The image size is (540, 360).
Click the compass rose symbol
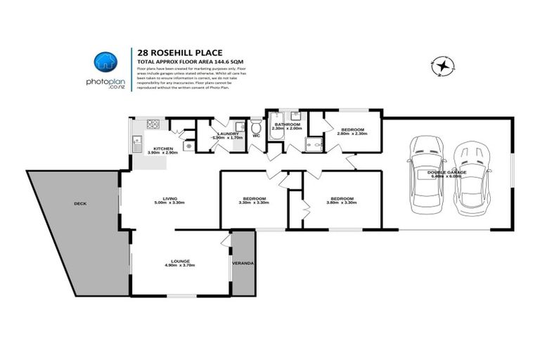pos(443,67)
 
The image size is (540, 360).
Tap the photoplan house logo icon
pos(105,61)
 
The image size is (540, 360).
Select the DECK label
pos(79,204)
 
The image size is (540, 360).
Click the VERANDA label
pos(243,264)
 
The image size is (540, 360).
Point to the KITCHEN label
pos(164,148)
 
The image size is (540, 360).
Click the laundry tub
pos(238,127)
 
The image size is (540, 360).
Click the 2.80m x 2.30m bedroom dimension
pos(352,134)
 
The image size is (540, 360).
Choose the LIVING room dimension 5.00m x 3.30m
pos(169,203)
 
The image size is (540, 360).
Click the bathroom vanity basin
pos(297,115)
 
